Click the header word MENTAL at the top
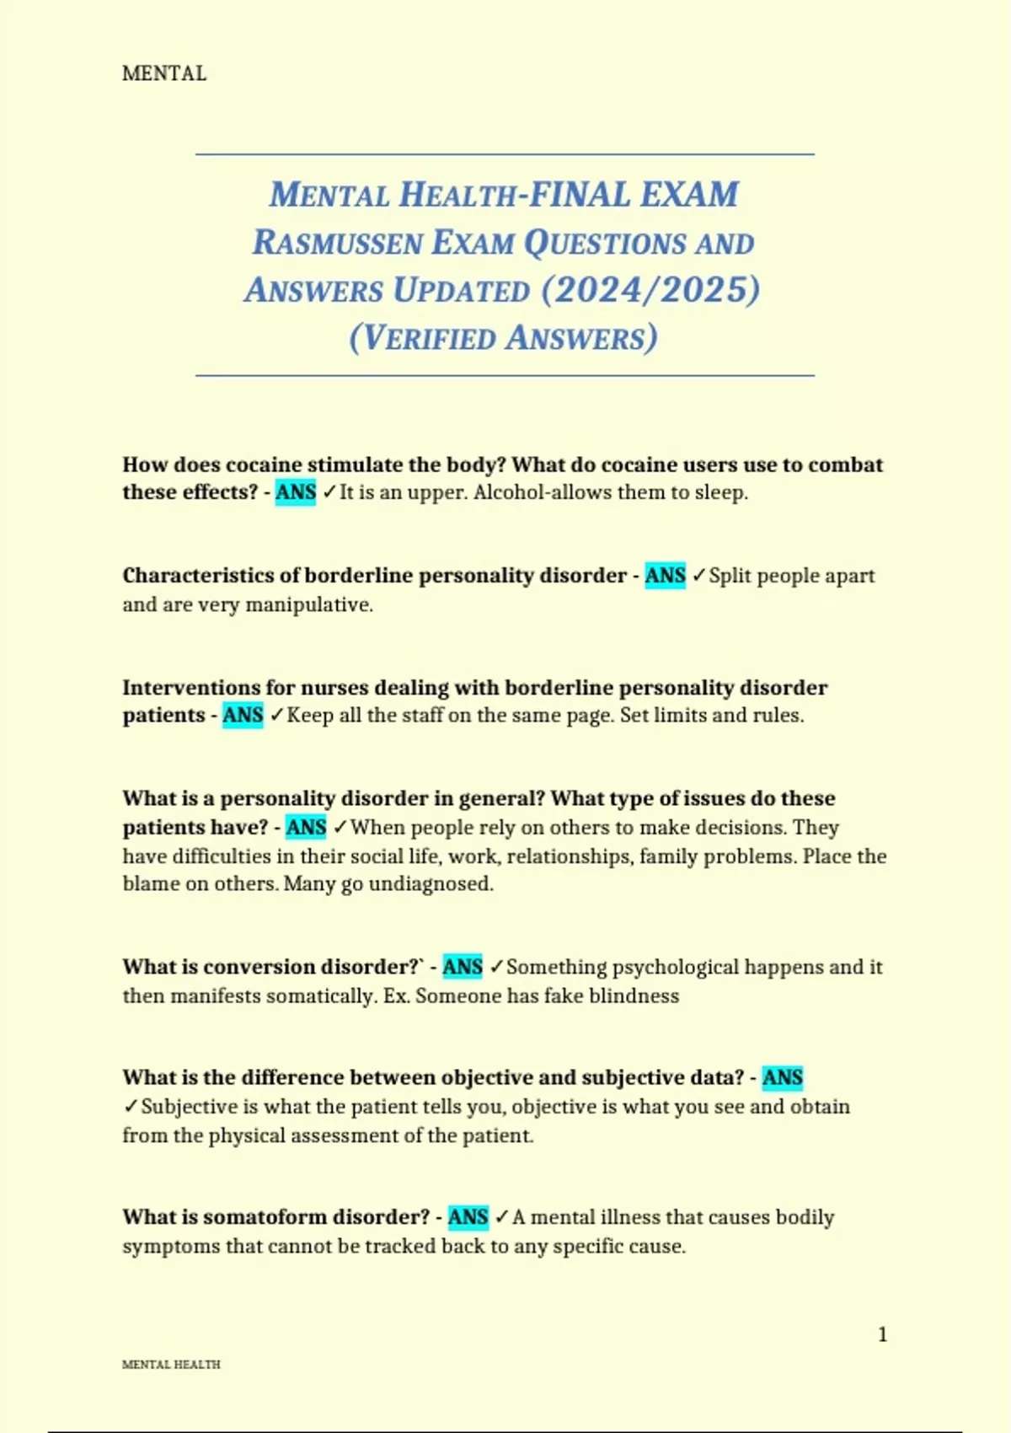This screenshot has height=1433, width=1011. (x=164, y=74)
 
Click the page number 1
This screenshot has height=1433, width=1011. (x=882, y=1334)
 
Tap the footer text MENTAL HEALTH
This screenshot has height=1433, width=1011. (x=171, y=1365)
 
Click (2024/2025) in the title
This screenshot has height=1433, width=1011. (x=650, y=290)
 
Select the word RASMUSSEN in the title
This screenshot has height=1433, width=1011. (x=338, y=243)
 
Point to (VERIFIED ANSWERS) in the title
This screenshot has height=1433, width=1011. (x=503, y=338)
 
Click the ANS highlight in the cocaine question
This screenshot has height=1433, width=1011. (x=296, y=492)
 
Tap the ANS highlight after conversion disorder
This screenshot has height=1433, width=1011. (x=463, y=967)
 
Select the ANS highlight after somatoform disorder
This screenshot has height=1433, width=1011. (x=468, y=1217)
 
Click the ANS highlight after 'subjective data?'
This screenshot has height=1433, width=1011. (x=783, y=1078)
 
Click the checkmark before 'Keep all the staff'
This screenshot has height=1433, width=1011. (x=276, y=716)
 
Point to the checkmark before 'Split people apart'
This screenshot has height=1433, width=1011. (x=698, y=576)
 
